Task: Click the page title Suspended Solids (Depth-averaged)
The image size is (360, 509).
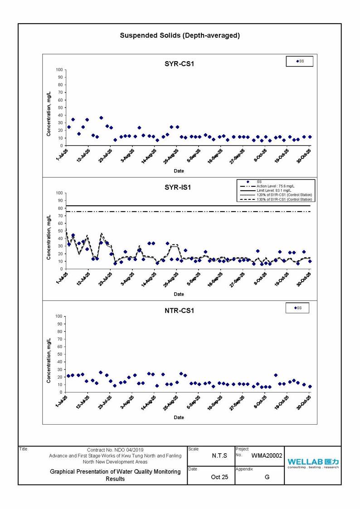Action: [180, 35]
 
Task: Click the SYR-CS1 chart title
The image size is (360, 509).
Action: [179, 64]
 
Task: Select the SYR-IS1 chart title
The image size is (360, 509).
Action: [179, 187]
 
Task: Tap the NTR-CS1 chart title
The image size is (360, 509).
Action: [179, 310]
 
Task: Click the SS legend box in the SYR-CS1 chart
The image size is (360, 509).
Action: [299, 61]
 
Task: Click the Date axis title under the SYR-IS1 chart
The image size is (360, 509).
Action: [179, 294]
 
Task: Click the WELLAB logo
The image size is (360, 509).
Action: [313, 463]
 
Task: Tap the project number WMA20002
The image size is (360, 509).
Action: [267, 456]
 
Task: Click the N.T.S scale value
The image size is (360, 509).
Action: [219, 456]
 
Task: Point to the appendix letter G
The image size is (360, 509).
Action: [267, 477]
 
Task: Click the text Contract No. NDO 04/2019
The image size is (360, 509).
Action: [115, 450]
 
